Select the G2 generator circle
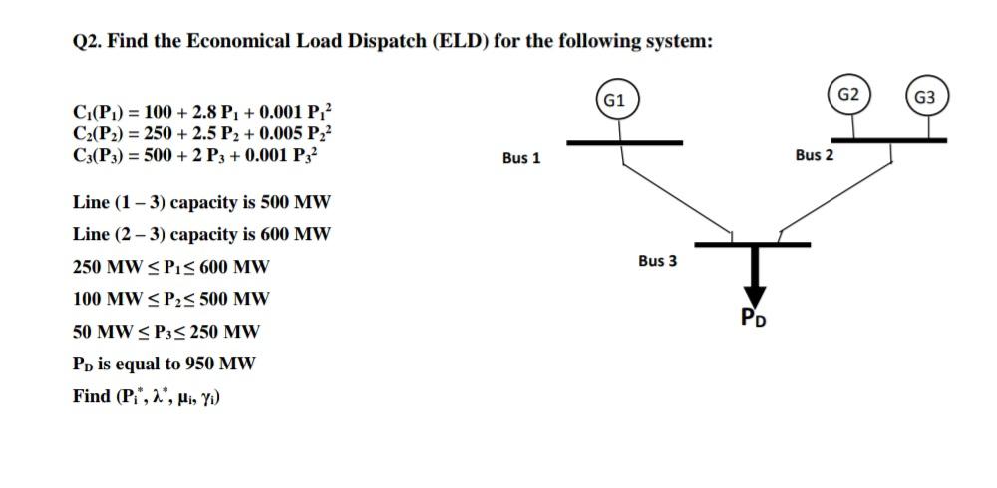pyautogui.click(x=849, y=95)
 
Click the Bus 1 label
pyautogui.click(x=521, y=158)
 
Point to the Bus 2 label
pyautogui.click(x=814, y=155)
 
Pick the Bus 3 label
pyautogui.click(x=657, y=261)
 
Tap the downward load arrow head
pyautogui.click(x=754, y=296)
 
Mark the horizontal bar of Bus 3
pyautogui.click(x=752, y=243)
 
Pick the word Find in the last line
pyautogui.click(x=92, y=396)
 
